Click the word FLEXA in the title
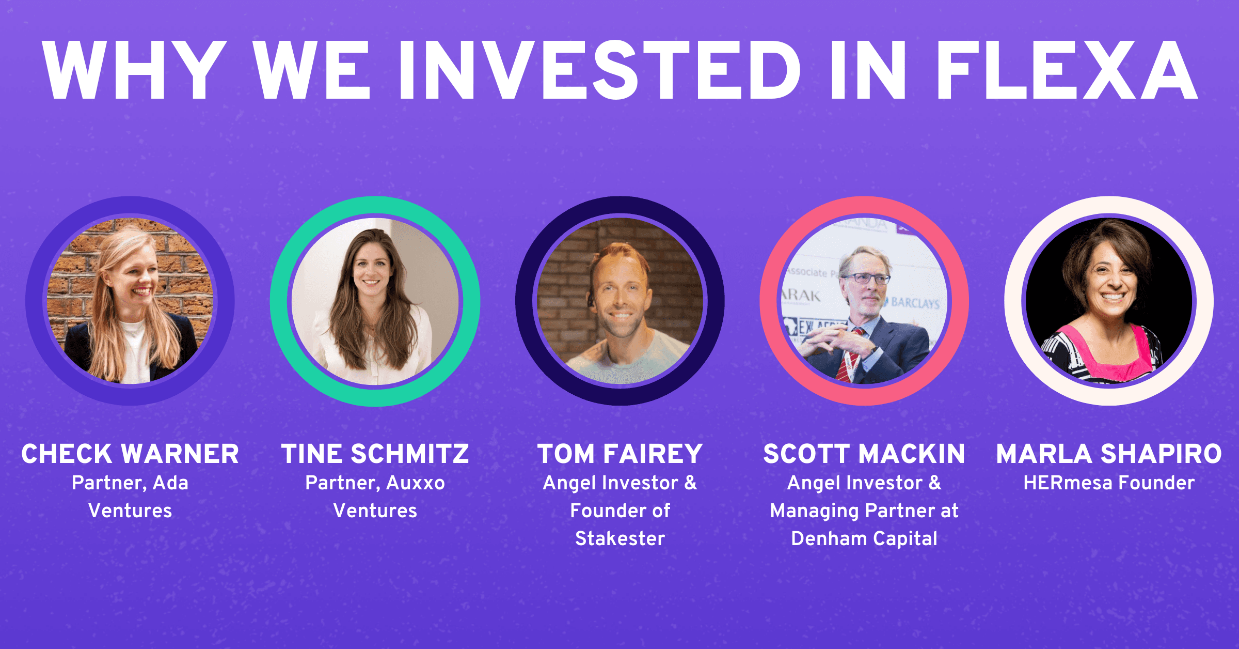coord(1067,70)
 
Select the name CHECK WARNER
coord(130,454)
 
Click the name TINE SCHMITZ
coord(375,454)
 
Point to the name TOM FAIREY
coord(620,454)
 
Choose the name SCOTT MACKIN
coord(864,454)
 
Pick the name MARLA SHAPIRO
coord(1109,454)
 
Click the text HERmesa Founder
coord(1109,483)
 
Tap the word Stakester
coord(620,539)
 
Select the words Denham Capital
coord(864,539)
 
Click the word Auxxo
coord(416,483)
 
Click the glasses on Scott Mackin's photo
coord(866,279)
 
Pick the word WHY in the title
coord(135,70)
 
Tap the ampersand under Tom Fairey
coord(690,483)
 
